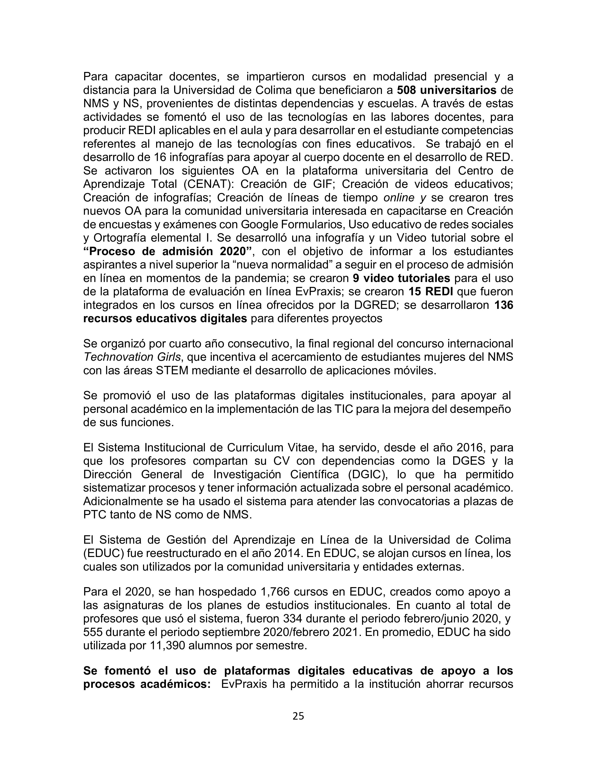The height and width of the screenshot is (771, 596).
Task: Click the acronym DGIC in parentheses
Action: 367,475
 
